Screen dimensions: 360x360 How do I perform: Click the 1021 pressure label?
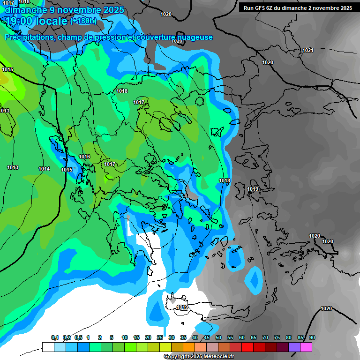click(307, 50)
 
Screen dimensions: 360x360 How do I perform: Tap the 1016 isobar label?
click(84, 157)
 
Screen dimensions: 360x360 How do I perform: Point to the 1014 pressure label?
click(44, 169)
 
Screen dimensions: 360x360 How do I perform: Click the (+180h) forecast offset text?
click(83, 21)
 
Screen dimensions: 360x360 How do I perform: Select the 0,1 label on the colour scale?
click(54, 338)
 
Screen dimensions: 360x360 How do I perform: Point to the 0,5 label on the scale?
click(78, 338)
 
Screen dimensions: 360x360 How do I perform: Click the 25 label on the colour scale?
click(160, 338)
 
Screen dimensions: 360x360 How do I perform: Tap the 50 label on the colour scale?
click(218, 338)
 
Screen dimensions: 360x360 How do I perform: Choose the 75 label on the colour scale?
click(277, 338)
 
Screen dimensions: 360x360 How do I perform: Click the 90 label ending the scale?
click(312, 338)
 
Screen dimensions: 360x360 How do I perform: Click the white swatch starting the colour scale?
click(48, 347)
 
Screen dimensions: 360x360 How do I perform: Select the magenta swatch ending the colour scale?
click(306, 347)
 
